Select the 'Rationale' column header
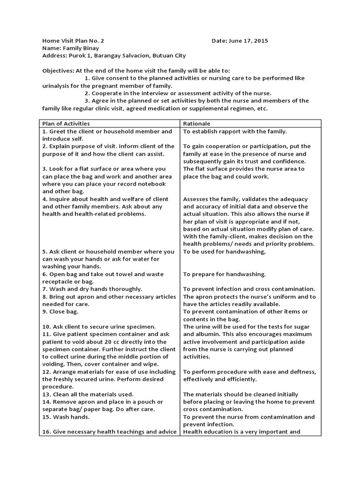(x=197, y=124)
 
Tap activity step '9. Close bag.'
(x=60, y=312)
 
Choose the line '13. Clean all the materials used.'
(x=88, y=394)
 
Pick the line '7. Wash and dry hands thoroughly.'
(x=92, y=289)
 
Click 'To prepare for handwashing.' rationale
(x=224, y=274)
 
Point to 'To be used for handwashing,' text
(x=224, y=252)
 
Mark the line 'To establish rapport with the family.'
(x=235, y=132)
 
